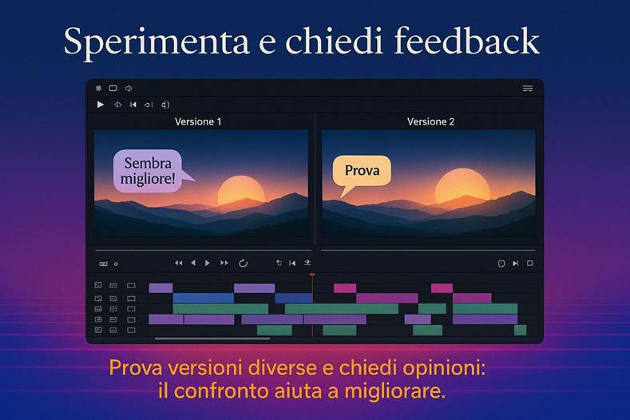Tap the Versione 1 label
click(198, 121)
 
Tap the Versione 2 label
click(430, 121)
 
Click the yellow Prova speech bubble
click(362, 171)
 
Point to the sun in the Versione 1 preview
click(241, 192)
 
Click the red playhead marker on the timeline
click(312, 275)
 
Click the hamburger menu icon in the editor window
click(528, 89)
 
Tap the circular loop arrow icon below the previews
click(243, 263)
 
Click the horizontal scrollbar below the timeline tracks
click(212, 339)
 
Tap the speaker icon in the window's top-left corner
click(129, 89)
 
